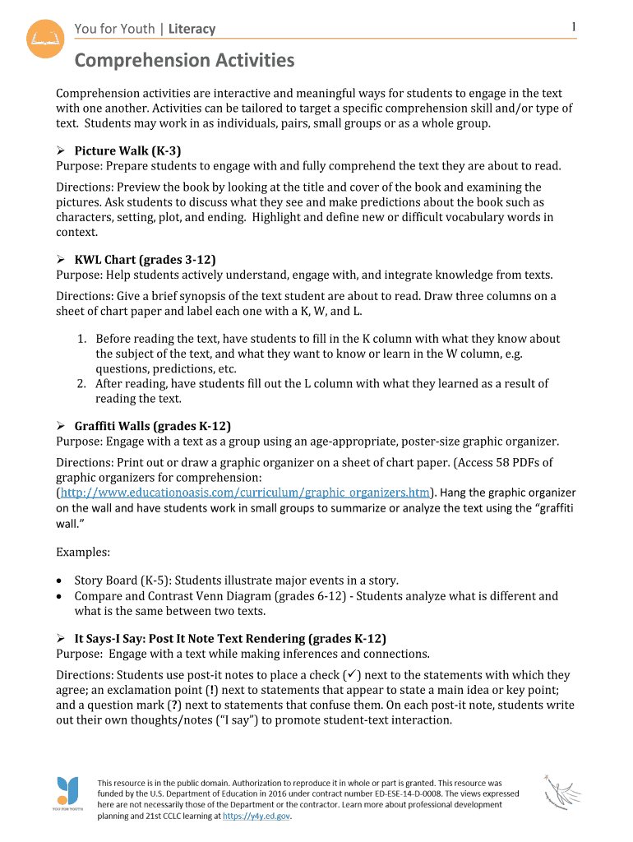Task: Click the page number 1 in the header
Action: [574, 28]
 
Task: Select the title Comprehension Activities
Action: [184, 60]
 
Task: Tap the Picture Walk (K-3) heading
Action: [127, 150]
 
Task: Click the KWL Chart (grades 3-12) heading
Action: [139, 260]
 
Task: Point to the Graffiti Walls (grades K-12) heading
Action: [152, 426]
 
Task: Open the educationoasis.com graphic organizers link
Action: [246, 493]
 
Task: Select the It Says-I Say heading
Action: [230, 639]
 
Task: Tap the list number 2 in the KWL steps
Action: [82, 383]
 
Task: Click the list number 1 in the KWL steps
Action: [82, 339]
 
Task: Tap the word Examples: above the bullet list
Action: [83, 551]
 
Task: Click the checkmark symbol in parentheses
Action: [348, 675]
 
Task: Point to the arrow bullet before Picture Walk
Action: [61, 151]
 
